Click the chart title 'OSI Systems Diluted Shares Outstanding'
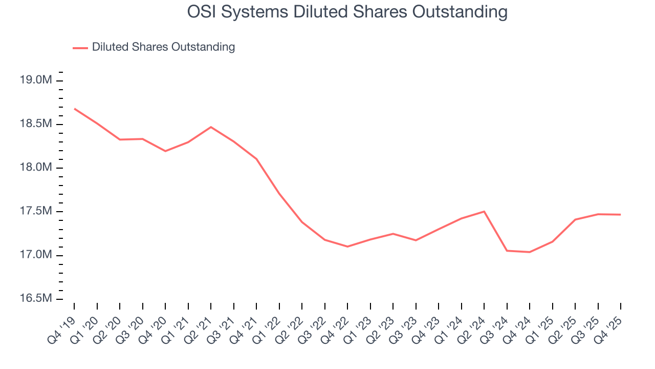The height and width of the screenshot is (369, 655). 347,12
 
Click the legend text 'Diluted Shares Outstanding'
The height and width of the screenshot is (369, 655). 163,47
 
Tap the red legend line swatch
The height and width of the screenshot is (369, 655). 80,48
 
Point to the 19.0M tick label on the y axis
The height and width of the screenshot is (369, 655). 36,80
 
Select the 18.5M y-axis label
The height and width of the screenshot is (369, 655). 36,124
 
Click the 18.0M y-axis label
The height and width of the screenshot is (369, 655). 36,168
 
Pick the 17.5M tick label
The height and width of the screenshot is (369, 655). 36,211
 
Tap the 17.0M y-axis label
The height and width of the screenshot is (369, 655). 36,255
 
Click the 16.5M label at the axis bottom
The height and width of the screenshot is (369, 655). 36,298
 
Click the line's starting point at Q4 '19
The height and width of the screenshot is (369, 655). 75,109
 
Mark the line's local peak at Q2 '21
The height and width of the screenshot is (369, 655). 211,127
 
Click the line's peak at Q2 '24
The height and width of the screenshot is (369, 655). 484,211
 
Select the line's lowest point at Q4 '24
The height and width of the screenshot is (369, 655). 530,252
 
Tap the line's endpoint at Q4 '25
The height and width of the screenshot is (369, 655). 621,215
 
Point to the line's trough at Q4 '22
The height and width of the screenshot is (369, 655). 347,247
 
